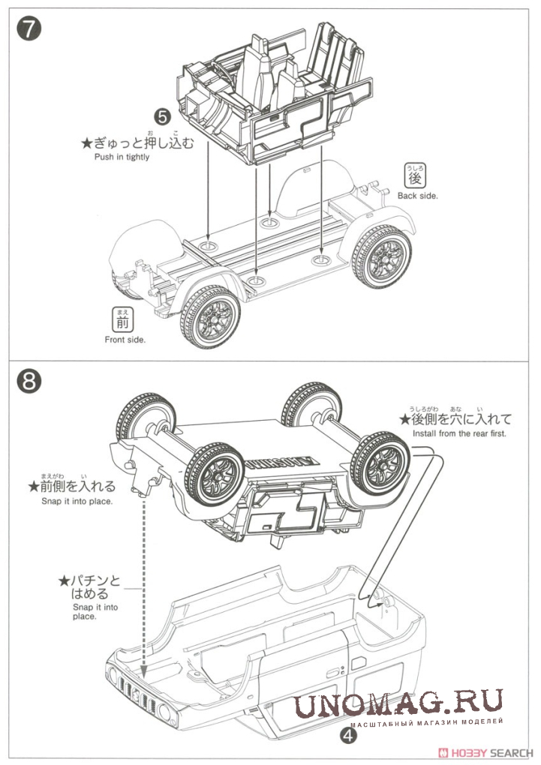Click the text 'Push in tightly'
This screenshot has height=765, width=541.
122,157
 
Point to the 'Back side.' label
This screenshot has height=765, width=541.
417,196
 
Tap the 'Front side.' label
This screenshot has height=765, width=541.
125,339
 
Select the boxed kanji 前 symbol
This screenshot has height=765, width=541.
122,321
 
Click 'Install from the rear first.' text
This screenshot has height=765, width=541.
460,433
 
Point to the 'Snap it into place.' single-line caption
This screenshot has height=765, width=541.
77,501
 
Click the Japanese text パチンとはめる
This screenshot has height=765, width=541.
90,586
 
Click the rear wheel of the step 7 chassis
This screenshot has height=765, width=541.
382,256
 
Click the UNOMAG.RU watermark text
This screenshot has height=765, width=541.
398,705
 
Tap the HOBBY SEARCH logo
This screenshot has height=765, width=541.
491,751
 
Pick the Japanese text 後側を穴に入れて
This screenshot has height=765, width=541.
458,418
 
